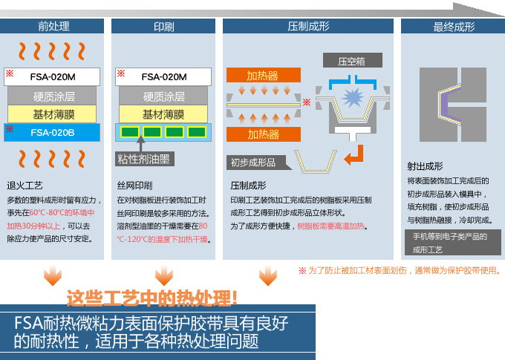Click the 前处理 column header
pyautogui.click(x=53, y=27)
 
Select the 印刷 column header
pyautogui.click(x=163, y=27)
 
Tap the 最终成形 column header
pyautogui.click(x=453, y=27)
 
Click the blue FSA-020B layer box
pyautogui.click(x=53, y=133)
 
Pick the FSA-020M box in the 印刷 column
pyautogui.click(x=163, y=76)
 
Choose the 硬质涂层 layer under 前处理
pyautogui.click(x=53, y=96)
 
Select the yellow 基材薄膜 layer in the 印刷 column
pyautogui.click(x=163, y=114)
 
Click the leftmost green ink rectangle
pyautogui.click(x=129, y=132)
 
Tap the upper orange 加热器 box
pyautogui.click(x=263, y=76)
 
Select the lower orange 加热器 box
pyautogui.click(x=263, y=134)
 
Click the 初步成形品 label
pyautogui.click(x=252, y=163)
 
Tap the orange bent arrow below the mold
pyautogui.click(x=356, y=154)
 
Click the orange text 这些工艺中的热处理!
pyautogui.click(x=152, y=298)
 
